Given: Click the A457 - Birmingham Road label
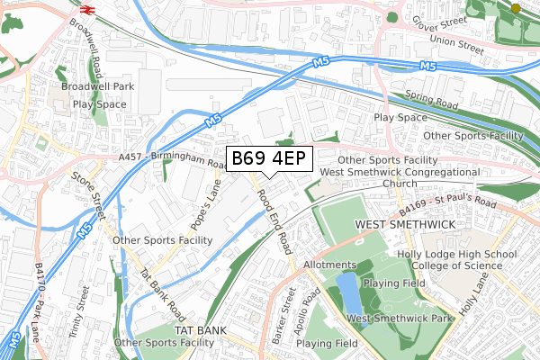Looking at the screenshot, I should point(172,160).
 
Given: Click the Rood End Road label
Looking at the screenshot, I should point(274,220).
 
